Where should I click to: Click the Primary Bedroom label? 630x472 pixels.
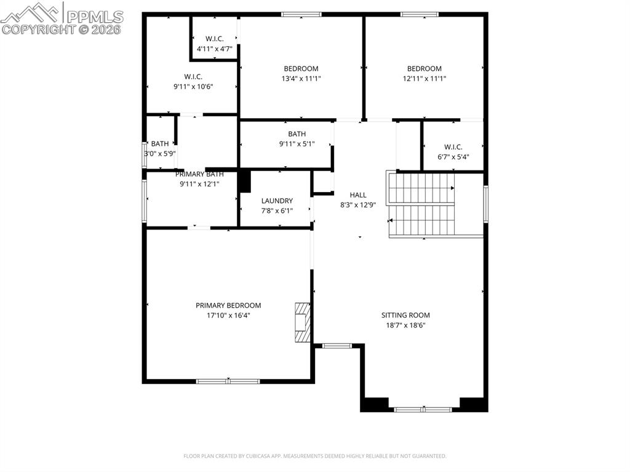228,305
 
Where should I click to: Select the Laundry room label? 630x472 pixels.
277,201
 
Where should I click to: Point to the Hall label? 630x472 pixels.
358,195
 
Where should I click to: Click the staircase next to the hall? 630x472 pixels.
421,204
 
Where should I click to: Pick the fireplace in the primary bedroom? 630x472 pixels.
302,321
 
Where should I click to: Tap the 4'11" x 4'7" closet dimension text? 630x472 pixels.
214,48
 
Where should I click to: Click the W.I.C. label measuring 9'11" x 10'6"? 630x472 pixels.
193,76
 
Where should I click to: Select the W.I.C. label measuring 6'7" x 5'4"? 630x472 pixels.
453,146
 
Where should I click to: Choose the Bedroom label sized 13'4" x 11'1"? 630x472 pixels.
301,68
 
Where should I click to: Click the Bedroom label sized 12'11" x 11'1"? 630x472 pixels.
424,68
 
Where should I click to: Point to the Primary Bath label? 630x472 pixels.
199,174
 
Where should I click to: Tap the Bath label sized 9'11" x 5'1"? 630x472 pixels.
297,134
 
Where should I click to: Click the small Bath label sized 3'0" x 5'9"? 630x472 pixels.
160,144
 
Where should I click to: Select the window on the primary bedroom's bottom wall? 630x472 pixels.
228,382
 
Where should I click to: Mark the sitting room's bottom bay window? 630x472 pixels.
423,409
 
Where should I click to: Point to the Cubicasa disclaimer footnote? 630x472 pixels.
314,456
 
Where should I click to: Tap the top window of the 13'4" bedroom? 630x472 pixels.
301,14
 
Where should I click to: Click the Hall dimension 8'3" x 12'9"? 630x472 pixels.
358,205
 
